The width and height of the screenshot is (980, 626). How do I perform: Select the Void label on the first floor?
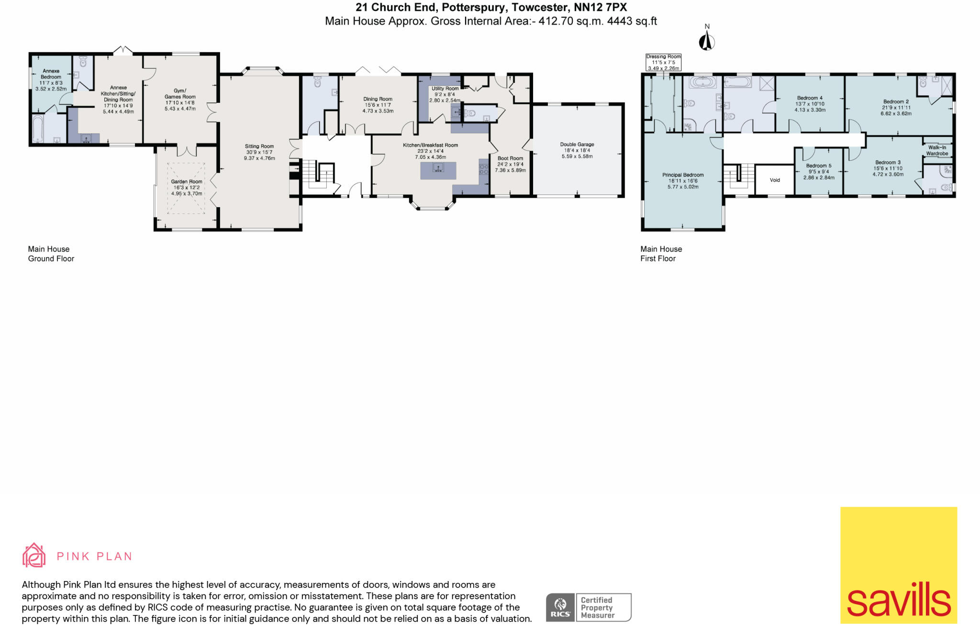tap(775, 180)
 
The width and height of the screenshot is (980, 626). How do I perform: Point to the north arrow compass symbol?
tap(707, 41)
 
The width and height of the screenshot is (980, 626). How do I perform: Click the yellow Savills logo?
tap(898, 565)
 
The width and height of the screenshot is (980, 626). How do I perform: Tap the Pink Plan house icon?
tap(34, 555)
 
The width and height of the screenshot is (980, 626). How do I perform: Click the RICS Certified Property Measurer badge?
tap(588, 607)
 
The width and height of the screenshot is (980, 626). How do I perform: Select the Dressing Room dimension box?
tap(663, 62)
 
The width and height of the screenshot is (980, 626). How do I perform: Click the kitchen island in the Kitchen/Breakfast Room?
tap(438, 170)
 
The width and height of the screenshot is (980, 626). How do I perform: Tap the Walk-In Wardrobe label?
tap(937, 150)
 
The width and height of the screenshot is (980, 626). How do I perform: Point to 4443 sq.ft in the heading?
tap(632, 21)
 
